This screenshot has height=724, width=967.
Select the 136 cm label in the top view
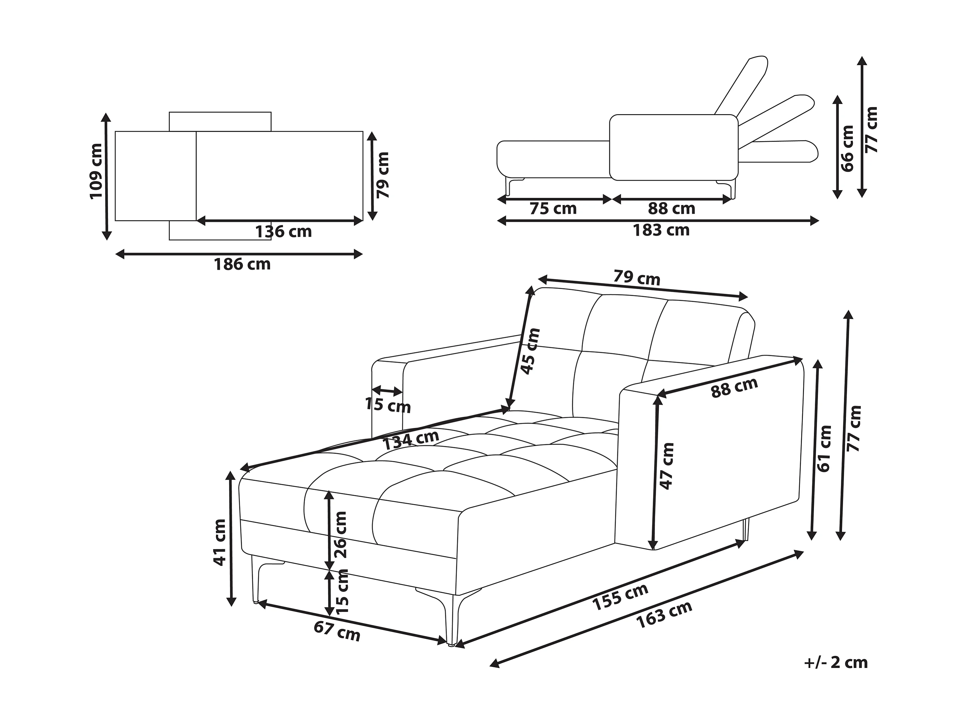[x=283, y=231]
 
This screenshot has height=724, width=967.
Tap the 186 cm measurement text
[x=242, y=264]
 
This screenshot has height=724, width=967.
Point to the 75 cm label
[x=553, y=209]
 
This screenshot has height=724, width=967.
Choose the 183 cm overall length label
[x=661, y=230]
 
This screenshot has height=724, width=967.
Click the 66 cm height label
[x=847, y=149]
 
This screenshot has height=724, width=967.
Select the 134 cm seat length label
[x=410, y=440]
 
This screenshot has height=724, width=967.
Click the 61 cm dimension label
[x=824, y=449]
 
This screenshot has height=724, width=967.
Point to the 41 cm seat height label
[x=220, y=543]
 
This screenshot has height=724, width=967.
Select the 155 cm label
[x=620, y=597]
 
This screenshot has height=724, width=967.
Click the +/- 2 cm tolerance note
[x=835, y=663]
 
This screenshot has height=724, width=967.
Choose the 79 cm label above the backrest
[x=636, y=277]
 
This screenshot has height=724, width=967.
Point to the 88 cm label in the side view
[x=672, y=209]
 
